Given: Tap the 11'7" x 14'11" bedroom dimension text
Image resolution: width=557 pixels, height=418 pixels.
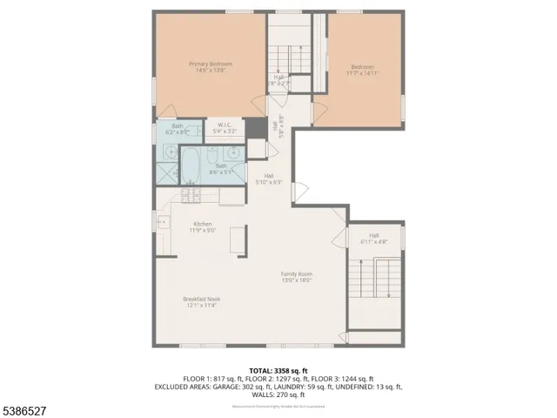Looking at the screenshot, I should [363, 74].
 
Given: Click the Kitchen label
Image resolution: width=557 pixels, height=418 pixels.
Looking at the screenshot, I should [202, 224].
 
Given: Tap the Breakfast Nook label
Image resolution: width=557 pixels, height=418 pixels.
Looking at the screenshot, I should [200, 299].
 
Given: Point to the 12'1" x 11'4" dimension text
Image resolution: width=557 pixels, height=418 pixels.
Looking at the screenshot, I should [200, 306].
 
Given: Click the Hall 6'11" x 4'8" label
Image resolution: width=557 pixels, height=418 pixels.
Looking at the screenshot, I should [373, 238].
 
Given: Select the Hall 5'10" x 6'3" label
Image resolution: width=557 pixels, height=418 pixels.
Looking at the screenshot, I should [269, 179].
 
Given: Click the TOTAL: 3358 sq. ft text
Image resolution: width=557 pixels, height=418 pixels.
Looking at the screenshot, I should [278, 370].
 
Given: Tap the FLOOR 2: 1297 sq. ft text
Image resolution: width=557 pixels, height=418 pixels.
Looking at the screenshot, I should [278, 378].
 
